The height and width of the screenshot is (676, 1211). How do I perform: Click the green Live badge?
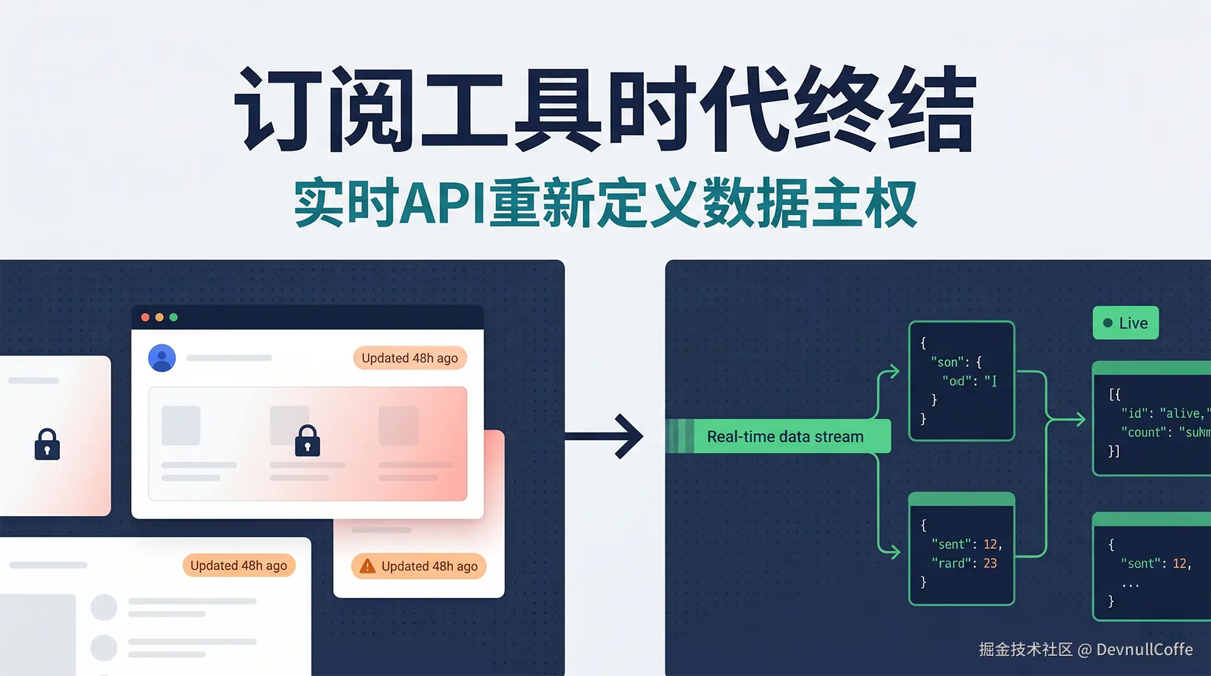tap(1125, 323)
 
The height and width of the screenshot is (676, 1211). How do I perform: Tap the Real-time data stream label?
tap(785, 436)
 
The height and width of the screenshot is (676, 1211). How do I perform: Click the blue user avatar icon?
tap(162, 358)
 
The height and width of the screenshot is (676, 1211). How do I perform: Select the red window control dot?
tap(145, 317)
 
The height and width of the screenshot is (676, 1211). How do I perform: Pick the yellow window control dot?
tap(160, 317)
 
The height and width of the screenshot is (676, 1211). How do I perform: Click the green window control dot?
tap(173, 317)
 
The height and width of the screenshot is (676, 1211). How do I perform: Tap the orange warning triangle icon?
tap(367, 566)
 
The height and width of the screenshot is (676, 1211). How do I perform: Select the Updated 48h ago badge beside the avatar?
tap(409, 358)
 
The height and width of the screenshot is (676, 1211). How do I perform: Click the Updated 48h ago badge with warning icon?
tap(419, 566)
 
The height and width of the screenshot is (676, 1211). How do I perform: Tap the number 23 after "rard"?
tap(990, 563)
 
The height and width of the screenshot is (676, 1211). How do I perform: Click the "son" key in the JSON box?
tap(947, 362)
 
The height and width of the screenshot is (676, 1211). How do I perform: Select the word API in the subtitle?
tap(443, 203)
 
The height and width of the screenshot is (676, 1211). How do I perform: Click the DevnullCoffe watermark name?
tap(1144, 650)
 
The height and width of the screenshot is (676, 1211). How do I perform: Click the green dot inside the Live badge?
tap(1108, 323)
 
